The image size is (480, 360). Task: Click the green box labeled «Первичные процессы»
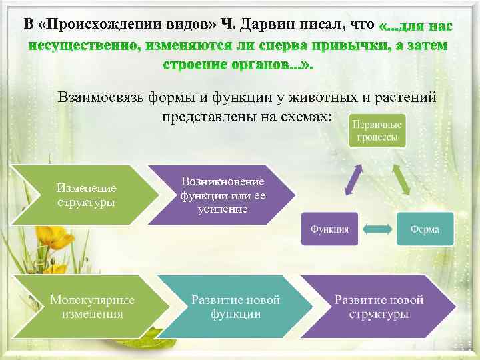377,130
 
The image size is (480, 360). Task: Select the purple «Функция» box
329,229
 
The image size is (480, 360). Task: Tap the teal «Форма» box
425,229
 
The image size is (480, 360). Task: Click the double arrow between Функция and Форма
377,229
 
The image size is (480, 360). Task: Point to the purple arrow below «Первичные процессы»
353,179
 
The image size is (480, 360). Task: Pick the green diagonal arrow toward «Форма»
401,179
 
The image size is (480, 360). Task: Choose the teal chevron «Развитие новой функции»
233,307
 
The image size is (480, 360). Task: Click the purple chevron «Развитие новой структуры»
379,307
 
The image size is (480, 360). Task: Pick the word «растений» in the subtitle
408,97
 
